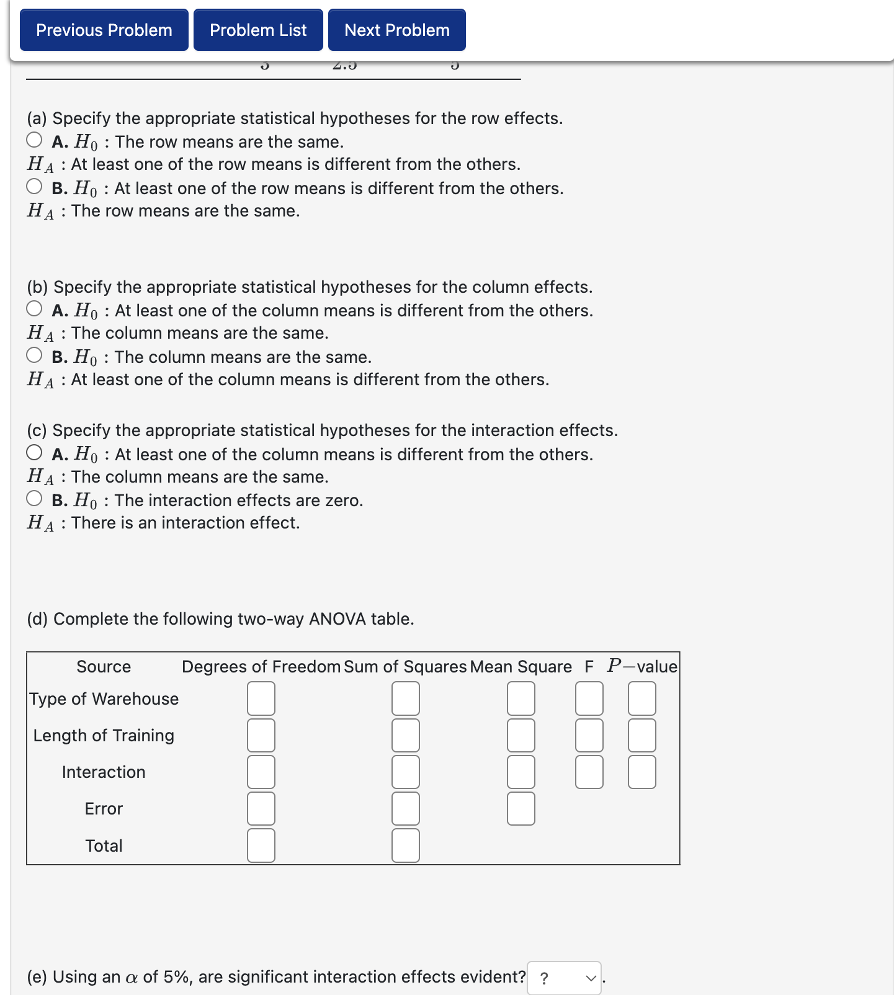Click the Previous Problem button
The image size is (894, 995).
104,30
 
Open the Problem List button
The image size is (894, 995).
258,30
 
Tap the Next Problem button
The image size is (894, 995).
396,30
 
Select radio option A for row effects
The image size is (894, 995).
35,140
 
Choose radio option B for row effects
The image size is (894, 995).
35,187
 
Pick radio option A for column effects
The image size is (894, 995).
35,309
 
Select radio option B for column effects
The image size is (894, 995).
35,355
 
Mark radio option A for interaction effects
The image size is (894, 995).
35,453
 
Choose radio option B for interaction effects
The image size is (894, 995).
35,499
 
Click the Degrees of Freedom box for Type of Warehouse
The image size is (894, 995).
261,698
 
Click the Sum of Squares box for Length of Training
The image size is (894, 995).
406,735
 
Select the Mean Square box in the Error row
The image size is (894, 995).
521,808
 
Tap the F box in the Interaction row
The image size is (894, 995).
589,772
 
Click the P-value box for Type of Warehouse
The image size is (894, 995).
642,698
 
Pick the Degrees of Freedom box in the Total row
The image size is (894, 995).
261,846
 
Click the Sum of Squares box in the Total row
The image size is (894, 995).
406,846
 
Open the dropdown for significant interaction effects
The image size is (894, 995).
564,978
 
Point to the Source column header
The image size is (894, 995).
104,667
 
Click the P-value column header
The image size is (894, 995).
642,667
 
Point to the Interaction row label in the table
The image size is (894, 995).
104,772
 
